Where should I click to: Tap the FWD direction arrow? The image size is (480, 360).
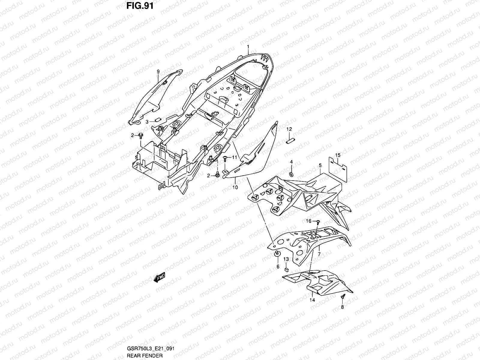(160, 278)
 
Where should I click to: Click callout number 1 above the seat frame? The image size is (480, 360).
(248, 47)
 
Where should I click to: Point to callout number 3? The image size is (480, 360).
(147, 122)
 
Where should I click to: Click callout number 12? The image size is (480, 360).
(289, 129)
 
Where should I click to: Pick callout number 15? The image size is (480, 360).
(338, 155)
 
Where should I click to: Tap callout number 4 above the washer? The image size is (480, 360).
(291, 162)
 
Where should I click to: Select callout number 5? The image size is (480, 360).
(320, 165)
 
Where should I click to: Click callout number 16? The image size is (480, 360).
(309, 221)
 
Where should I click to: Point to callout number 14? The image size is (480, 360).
(312, 300)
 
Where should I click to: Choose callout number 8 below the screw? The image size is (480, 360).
(342, 307)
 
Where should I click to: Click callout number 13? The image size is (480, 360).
(286, 259)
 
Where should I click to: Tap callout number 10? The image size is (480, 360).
(235, 187)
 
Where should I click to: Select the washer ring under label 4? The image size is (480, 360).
(291, 174)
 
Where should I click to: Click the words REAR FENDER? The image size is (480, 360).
(145, 355)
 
